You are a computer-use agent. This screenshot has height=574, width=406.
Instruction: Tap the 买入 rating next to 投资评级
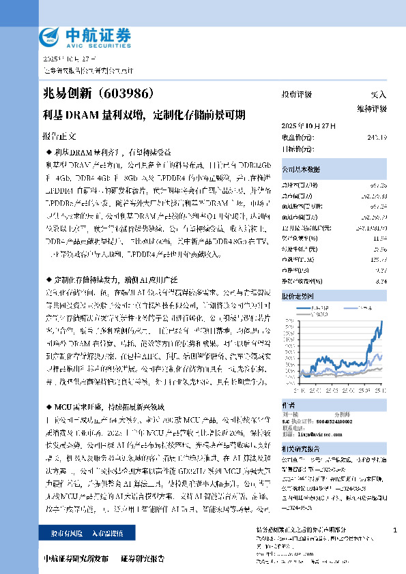378,95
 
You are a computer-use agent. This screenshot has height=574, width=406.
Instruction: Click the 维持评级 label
371,108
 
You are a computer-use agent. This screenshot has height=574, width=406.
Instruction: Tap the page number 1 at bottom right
395,530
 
